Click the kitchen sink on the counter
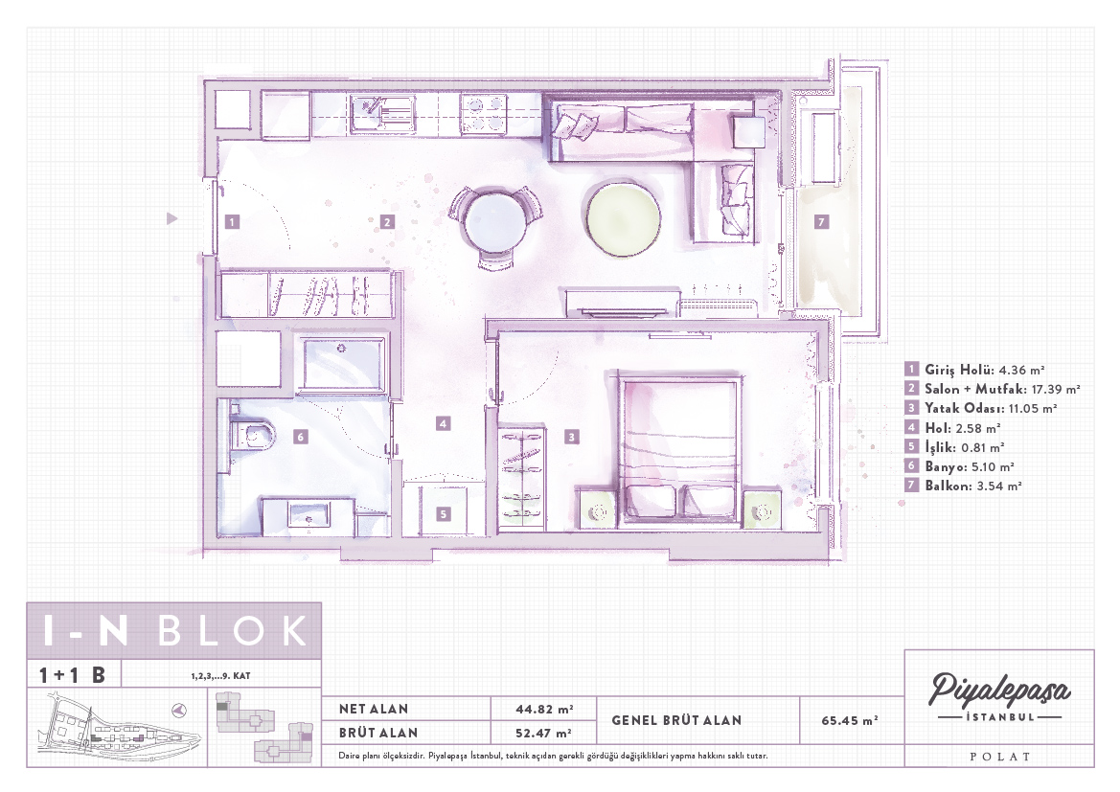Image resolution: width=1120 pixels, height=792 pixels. tap(383, 114)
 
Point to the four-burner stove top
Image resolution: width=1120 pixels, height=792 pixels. tap(484, 114)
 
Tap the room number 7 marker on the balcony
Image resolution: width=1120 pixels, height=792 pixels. tap(821, 222)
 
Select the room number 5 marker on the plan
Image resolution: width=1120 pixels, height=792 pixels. tap(443, 513)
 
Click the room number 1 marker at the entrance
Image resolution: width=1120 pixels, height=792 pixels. tap(232, 221)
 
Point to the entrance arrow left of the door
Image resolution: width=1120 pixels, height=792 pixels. tap(171, 218)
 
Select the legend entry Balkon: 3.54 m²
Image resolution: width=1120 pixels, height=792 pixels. tap(963, 486)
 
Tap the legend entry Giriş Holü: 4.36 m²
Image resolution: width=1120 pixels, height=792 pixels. tap(974, 370)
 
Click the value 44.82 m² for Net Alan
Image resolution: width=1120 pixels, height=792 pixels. tap(544, 709)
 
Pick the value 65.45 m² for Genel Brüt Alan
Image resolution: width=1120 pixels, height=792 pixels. tap(849, 720)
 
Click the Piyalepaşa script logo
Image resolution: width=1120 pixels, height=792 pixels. tap(999, 689)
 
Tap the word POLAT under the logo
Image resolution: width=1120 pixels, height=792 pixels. tap(1000, 757)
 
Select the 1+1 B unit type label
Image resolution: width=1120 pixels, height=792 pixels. tap(72, 675)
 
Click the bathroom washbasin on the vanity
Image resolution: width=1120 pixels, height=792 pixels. tap(309, 515)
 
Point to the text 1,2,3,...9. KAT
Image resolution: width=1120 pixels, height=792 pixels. tap(220, 675)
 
